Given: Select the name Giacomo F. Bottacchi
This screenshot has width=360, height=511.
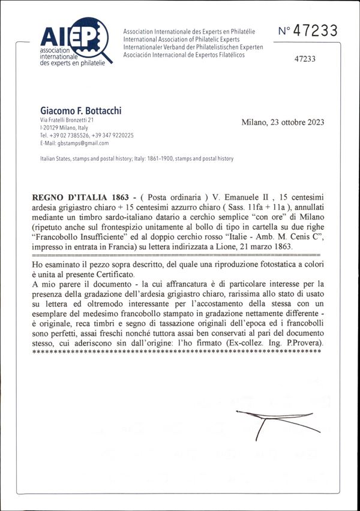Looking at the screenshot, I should click(81, 110).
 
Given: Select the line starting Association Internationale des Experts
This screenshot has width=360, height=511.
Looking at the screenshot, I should click(189, 31).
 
